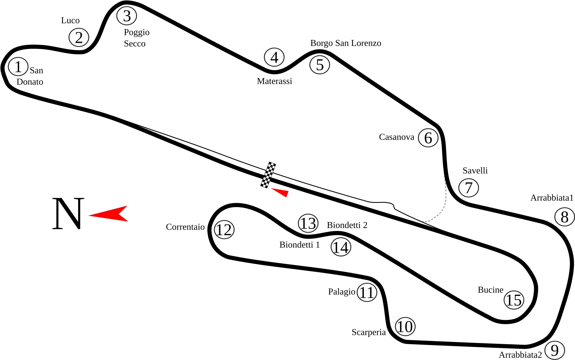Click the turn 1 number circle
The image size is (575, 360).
[x=18, y=67]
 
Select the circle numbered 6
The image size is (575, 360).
[x=428, y=138]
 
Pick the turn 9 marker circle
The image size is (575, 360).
[x=555, y=350]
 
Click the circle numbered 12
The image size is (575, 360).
[x=224, y=230]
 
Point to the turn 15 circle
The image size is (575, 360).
[x=514, y=300]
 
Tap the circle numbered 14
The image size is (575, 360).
[x=341, y=247]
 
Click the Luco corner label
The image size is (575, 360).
[x=70, y=20]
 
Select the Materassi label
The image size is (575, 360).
[x=274, y=81]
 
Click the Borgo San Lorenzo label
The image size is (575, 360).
[x=346, y=43]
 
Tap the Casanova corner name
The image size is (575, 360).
[x=397, y=137]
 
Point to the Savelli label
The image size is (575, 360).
[x=475, y=171]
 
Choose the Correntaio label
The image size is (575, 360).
[x=185, y=227]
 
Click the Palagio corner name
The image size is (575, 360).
[x=341, y=291]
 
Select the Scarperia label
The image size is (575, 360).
[x=369, y=332]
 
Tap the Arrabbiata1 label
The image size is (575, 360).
[x=552, y=198]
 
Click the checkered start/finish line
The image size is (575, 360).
[x=268, y=175]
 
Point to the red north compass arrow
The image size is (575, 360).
[x=109, y=214]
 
